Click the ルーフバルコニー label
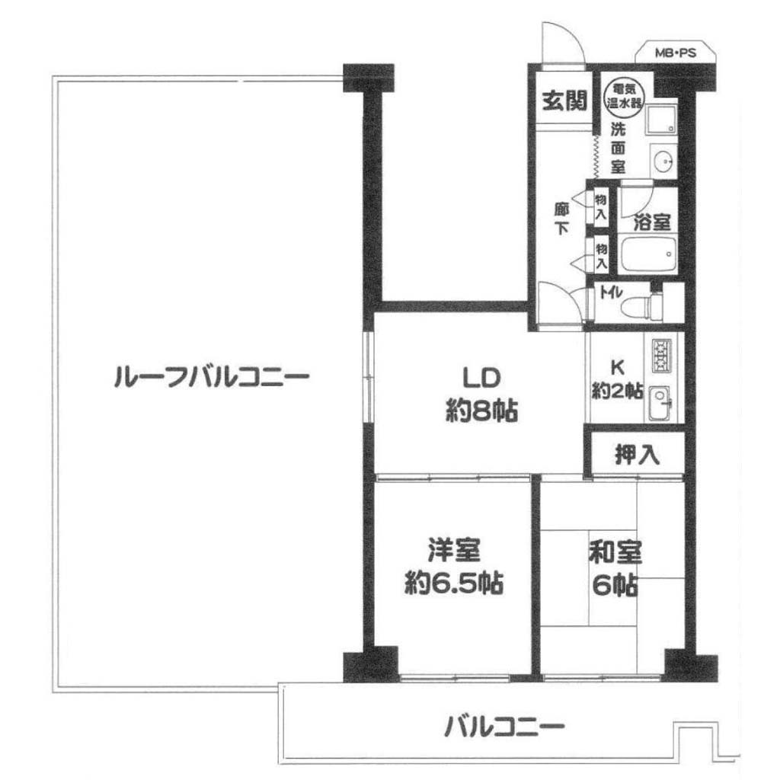pyautogui.click(x=212, y=376)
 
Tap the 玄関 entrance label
pyautogui.click(x=565, y=101)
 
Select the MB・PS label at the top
pyautogui.click(x=675, y=53)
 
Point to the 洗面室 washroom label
pyautogui.click(x=618, y=148)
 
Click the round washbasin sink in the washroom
pyautogui.click(x=663, y=161)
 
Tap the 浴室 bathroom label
pyautogui.click(x=652, y=222)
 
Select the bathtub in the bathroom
pyautogui.click(x=647, y=255)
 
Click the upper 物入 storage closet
pyautogui.click(x=601, y=207)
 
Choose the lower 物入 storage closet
pyautogui.click(x=601, y=254)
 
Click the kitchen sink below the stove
pyautogui.click(x=660, y=401)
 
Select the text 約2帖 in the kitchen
pyautogui.click(x=617, y=392)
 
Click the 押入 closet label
pyautogui.click(x=638, y=454)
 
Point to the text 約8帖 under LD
pyautogui.click(x=481, y=411)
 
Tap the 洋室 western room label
pyautogui.click(x=454, y=551)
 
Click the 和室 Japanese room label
pyautogui.click(x=615, y=552)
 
